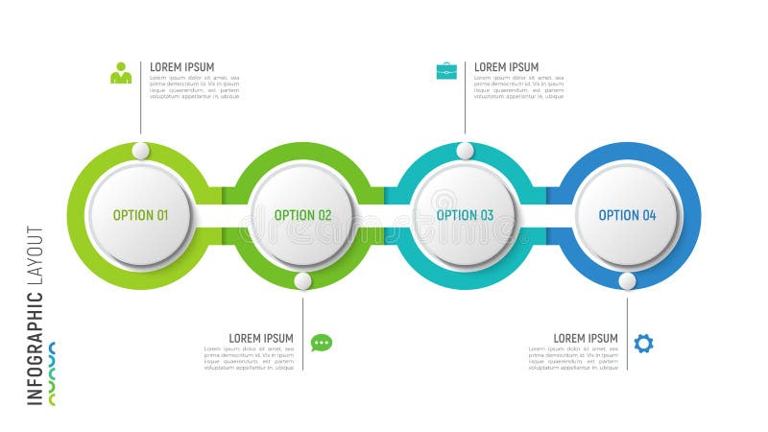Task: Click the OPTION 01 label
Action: pyautogui.click(x=140, y=215)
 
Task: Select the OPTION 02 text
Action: pyautogui.click(x=302, y=215)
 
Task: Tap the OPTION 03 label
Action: pyautogui.click(x=465, y=215)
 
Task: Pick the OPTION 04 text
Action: pyautogui.click(x=627, y=215)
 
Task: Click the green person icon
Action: pyautogui.click(x=121, y=73)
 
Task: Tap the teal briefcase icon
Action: pyautogui.click(x=446, y=70)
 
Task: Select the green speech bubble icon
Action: pyautogui.click(x=322, y=343)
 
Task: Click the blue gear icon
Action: pyautogui.click(x=643, y=343)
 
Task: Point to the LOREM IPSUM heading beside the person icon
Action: pyautogui.click(x=181, y=67)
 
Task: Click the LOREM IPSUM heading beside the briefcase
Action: pyautogui.click(x=506, y=67)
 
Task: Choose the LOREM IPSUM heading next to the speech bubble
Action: pyautogui.click(x=261, y=338)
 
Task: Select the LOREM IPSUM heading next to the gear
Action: pyautogui.click(x=586, y=338)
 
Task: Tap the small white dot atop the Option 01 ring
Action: pyautogui.click(x=141, y=151)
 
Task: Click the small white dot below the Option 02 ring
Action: pyautogui.click(x=303, y=281)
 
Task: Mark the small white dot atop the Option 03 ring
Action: pyautogui.click(x=466, y=151)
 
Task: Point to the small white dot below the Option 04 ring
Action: pyautogui.click(x=627, y=281)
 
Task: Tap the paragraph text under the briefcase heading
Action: pyautogui.click(x=518, y=87)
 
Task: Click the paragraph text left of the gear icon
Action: pyautogui.click(x=573, y=358)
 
